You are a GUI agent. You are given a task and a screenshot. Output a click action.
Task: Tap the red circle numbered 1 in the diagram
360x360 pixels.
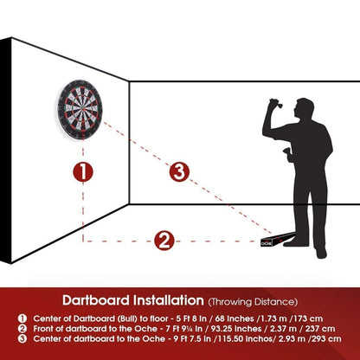82,172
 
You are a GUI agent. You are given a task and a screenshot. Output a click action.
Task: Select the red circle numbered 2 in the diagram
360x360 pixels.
165,240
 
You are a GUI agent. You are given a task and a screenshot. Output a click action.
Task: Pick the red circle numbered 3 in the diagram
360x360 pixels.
179,171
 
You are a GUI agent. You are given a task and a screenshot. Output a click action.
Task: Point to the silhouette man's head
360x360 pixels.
302,110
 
